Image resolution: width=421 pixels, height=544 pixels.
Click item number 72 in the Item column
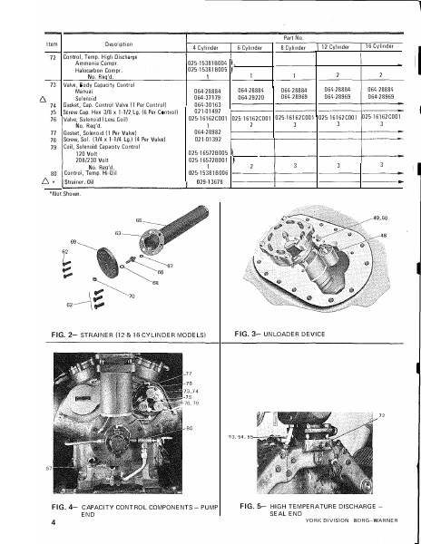(52, 56)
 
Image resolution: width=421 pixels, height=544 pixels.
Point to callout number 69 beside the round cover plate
(73, 240)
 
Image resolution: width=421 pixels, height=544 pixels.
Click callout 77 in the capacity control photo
(189, 374)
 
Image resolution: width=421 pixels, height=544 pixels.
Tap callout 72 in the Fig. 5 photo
(381, 414)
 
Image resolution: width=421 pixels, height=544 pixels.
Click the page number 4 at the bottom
(54, 524)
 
